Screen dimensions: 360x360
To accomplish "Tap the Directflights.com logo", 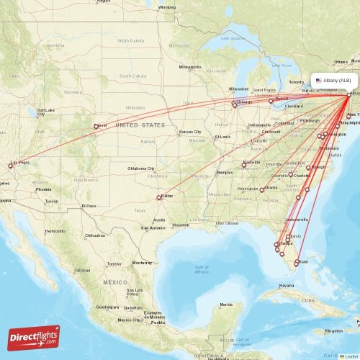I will [34, 337].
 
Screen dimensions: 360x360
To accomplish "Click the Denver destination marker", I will [96, 127].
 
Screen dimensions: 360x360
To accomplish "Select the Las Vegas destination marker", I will [11, 166].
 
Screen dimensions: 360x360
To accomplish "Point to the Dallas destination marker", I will [158, 197].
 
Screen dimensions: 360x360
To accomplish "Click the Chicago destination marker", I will [234, 105].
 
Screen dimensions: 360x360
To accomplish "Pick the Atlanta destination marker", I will [262, 190].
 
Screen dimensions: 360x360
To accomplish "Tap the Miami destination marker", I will [297, 264].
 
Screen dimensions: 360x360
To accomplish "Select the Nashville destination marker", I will [245, 164].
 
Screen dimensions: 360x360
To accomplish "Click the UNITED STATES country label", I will [140, 125].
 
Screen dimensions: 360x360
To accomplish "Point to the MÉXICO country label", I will [114, 282].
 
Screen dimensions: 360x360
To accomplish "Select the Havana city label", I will [287, 285].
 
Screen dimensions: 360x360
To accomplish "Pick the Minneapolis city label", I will [191, 67].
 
